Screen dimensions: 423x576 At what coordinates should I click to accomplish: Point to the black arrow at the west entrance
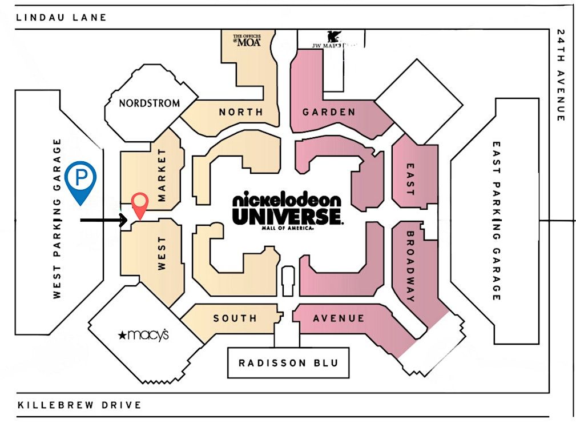[103, 220]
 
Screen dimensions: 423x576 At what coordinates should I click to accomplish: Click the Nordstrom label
[149, 103]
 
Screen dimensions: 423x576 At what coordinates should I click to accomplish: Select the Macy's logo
[143, 334]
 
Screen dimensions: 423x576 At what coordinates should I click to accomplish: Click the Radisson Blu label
[288, 363]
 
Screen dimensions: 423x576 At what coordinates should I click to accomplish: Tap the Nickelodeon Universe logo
[287, 210]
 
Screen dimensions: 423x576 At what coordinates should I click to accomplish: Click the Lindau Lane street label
[62, 17]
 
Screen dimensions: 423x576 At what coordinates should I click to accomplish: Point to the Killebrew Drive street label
[79, 405]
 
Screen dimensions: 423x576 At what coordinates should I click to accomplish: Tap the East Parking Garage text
[496, 221]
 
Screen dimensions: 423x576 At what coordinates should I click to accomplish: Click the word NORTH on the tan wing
[241, 112]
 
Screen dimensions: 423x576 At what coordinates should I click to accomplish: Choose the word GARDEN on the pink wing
[329, 112]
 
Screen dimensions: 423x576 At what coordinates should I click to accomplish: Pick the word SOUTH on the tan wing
[235, 318]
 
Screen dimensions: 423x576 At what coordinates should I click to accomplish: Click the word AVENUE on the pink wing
[339, 318]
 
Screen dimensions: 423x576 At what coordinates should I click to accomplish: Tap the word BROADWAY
[409, 266]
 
